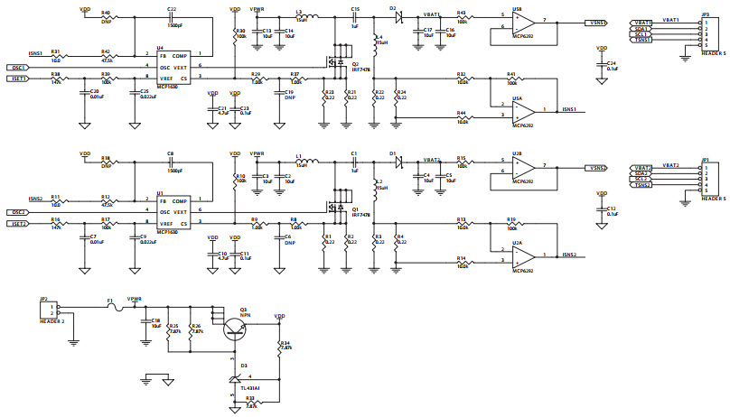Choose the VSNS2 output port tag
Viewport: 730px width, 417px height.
(x=595, y=168)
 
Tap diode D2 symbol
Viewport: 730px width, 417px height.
(x=395, y=16)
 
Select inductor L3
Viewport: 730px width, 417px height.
(x=306, y=16)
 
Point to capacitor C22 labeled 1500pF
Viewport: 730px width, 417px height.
(x=171, y=16)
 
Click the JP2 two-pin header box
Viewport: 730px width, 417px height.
(x=45, y=310)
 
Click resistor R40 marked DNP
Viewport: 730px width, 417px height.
(x=108, y=16)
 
